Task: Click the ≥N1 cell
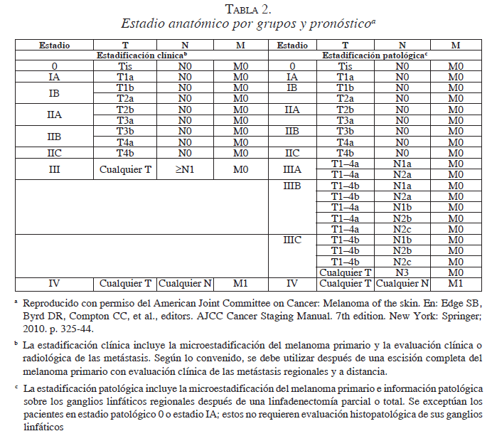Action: pos(185,169)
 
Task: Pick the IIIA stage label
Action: pos(292,169)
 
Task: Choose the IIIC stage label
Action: pos(292,240)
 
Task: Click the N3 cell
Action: pos(402,272)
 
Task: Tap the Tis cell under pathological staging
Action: pos(346,66)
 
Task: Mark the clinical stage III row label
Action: pos(53,169)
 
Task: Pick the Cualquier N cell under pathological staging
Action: pos(402,283)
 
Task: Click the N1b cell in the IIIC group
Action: pos(402,240)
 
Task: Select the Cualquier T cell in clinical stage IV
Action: pos(125,283)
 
